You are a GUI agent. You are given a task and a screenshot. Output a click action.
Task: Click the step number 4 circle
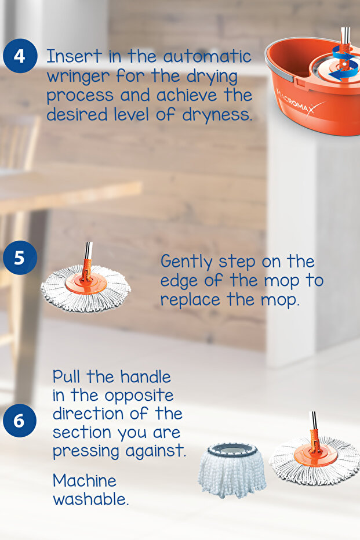20,56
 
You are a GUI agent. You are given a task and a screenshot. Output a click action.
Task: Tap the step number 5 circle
20,257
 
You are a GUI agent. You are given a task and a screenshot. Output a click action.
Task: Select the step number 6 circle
20,421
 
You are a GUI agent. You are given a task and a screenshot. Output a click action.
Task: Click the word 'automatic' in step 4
207,57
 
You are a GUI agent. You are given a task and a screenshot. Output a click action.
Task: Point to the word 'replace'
190,300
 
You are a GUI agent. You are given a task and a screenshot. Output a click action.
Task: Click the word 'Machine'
85,480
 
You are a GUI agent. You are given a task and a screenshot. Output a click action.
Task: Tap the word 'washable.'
90,499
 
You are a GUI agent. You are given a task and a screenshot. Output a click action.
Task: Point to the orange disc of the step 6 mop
315,456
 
